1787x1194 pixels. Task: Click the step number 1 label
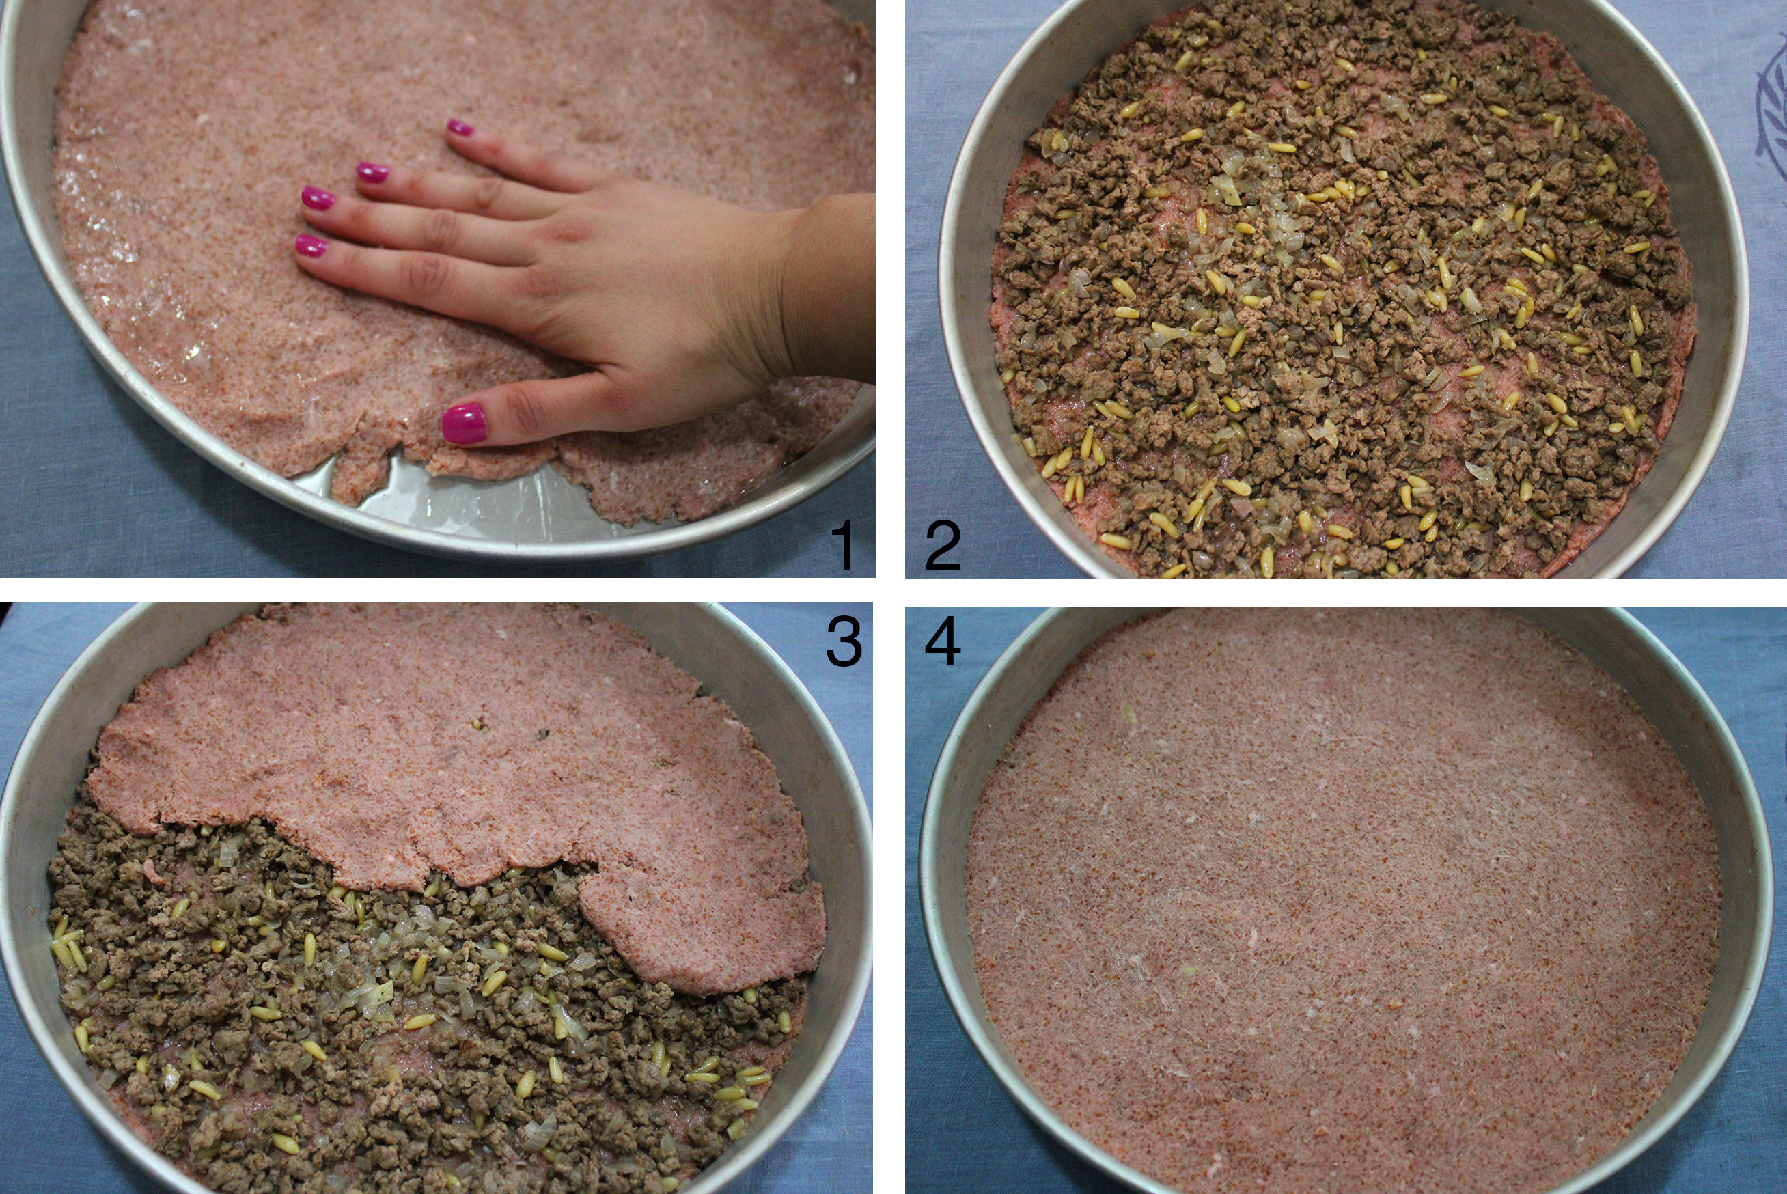pos(844,544)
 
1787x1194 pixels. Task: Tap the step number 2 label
pos(942,544)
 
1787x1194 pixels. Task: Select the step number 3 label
pos(844,641)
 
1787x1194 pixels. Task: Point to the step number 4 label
pos(943,641)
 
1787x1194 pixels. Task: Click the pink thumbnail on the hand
pos(464,424)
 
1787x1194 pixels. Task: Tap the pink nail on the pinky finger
pos(459,127)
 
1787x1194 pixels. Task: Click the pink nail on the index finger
pos(311,245)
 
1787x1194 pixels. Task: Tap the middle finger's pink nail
pos(318,198)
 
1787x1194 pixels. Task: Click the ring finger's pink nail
pos(372,172)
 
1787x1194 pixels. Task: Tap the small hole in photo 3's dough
pos(478,722)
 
